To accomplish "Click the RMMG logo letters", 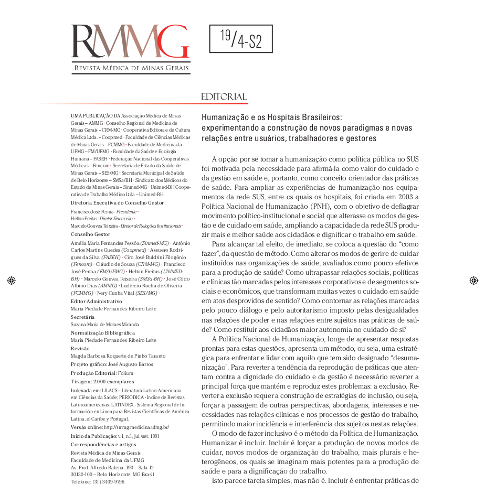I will (130, 42).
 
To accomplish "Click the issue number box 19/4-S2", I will (241, 39).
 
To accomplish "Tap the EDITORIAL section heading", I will (224, 97).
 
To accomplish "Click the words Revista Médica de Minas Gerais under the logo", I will (132, 68).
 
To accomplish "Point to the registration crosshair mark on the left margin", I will (11, 281).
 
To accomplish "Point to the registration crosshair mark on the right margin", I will (473, 281).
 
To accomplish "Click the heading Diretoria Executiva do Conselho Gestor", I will (117, 202).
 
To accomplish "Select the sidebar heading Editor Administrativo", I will (96, 302).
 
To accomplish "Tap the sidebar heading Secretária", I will (82, 317).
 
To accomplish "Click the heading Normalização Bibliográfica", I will (102, 333).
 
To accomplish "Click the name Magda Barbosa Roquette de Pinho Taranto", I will (118, 356).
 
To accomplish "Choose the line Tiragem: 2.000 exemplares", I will (102, 382).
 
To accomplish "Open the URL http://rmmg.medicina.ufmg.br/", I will (136, 427).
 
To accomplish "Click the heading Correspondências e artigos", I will (103, 444).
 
